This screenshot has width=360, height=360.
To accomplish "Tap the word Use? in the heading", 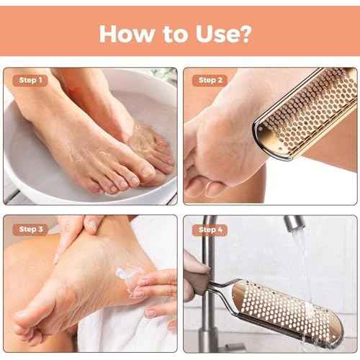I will pos(229,33).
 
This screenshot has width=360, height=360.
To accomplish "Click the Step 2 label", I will pos(210,80).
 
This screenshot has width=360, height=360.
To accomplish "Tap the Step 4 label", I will pos(210,229).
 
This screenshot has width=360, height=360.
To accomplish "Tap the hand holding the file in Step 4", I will pos(196,277).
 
